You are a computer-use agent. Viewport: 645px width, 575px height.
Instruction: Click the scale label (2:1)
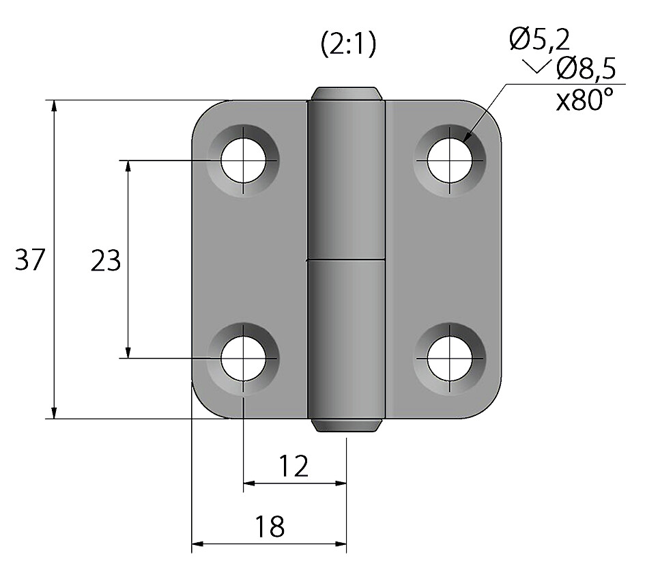click(348, 44)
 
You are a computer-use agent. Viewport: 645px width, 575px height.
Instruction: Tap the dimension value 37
click(29, 260)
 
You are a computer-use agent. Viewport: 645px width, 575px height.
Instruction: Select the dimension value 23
click(106, 261)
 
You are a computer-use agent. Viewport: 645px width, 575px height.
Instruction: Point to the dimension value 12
click(293, 466)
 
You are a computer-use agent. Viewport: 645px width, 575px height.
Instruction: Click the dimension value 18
click(270, 526)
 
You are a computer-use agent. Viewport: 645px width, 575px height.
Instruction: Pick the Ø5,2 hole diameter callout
click(539, 40)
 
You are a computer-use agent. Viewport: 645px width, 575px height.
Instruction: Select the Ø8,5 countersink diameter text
click(586, 69)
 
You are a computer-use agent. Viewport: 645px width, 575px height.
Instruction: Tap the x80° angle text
click(584, 100)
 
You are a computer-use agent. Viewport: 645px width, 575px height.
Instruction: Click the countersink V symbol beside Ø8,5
click(536, 66)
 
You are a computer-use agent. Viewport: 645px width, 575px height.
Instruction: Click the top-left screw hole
click(243, 160)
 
